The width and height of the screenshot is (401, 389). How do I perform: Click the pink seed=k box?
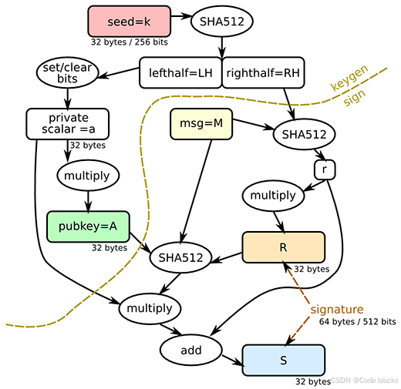(x=130, y=22)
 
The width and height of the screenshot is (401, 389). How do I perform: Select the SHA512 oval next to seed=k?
(x=222, y=22)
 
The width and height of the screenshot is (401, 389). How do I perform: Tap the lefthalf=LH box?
(x=180, y=72)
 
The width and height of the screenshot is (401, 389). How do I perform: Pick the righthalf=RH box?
(x=263, y=72)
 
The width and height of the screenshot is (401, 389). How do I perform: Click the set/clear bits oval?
(x=67, y=72)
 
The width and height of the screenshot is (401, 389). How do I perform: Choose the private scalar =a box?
(x=68, y=124)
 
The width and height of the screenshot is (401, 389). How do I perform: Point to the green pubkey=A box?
(x=88, y=226)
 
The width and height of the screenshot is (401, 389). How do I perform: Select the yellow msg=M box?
(x=201, y=124)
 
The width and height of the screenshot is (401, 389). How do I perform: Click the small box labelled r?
(x=325, y=169)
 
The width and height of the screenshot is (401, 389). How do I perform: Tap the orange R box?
(x=284, y=247)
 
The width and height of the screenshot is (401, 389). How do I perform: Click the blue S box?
(x=284, y=360)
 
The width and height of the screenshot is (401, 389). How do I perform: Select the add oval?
(x=191, y=350)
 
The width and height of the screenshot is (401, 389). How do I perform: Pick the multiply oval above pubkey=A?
(x=88, y=176)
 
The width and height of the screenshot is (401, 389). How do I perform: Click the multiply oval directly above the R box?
(x=273, y=196)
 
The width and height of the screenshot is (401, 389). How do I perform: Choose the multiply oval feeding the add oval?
(x=150, y=308)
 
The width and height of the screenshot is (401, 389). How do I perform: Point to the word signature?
(x=337, y=309)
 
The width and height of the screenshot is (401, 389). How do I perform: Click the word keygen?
(x=349, y=78)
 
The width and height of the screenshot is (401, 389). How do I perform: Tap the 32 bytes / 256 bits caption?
(x=130, y=42)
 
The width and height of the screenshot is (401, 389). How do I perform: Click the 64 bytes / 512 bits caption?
(x=358, y=321)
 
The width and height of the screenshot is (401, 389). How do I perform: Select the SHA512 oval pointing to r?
(x=304, y=134)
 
